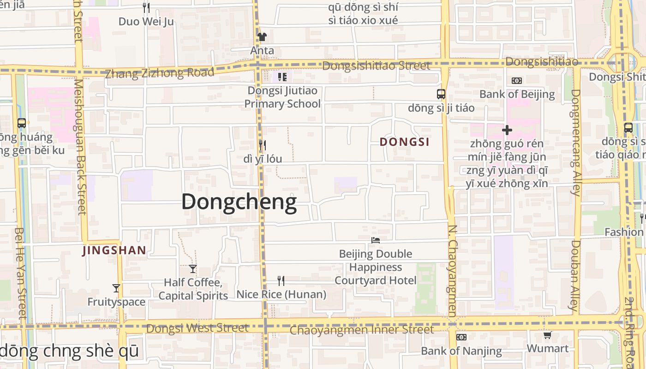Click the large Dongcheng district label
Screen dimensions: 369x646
coord(239,202)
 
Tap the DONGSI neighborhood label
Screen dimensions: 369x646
coord(405,142)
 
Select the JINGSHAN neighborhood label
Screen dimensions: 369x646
coord(114,251)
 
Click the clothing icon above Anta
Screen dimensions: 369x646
coord(262,37)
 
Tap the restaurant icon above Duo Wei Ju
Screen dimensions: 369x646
coord(146,8)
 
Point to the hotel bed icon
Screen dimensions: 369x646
coord(376,240)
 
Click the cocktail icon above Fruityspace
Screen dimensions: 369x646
coord(116,288)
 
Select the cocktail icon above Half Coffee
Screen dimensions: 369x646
coord(193,268)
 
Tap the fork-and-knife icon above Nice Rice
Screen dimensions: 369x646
coord(281,280)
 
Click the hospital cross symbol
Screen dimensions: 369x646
coord(507,130)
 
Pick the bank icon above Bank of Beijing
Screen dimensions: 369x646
coord(517,81)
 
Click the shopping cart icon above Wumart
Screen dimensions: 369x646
coord(547,335)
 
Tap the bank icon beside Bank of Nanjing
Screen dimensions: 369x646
coord(461,337)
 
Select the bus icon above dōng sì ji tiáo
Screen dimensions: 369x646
coord(441,94)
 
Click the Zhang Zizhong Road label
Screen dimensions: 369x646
coord(160,73)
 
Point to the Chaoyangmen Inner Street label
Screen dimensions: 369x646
coord(362,330)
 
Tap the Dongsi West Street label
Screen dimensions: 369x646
coord(197,328)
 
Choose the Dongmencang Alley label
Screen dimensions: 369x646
coord(575,142)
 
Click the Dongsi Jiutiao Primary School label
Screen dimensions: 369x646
coord(282,97)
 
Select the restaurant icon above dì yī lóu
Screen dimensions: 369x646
coord(262,145)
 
